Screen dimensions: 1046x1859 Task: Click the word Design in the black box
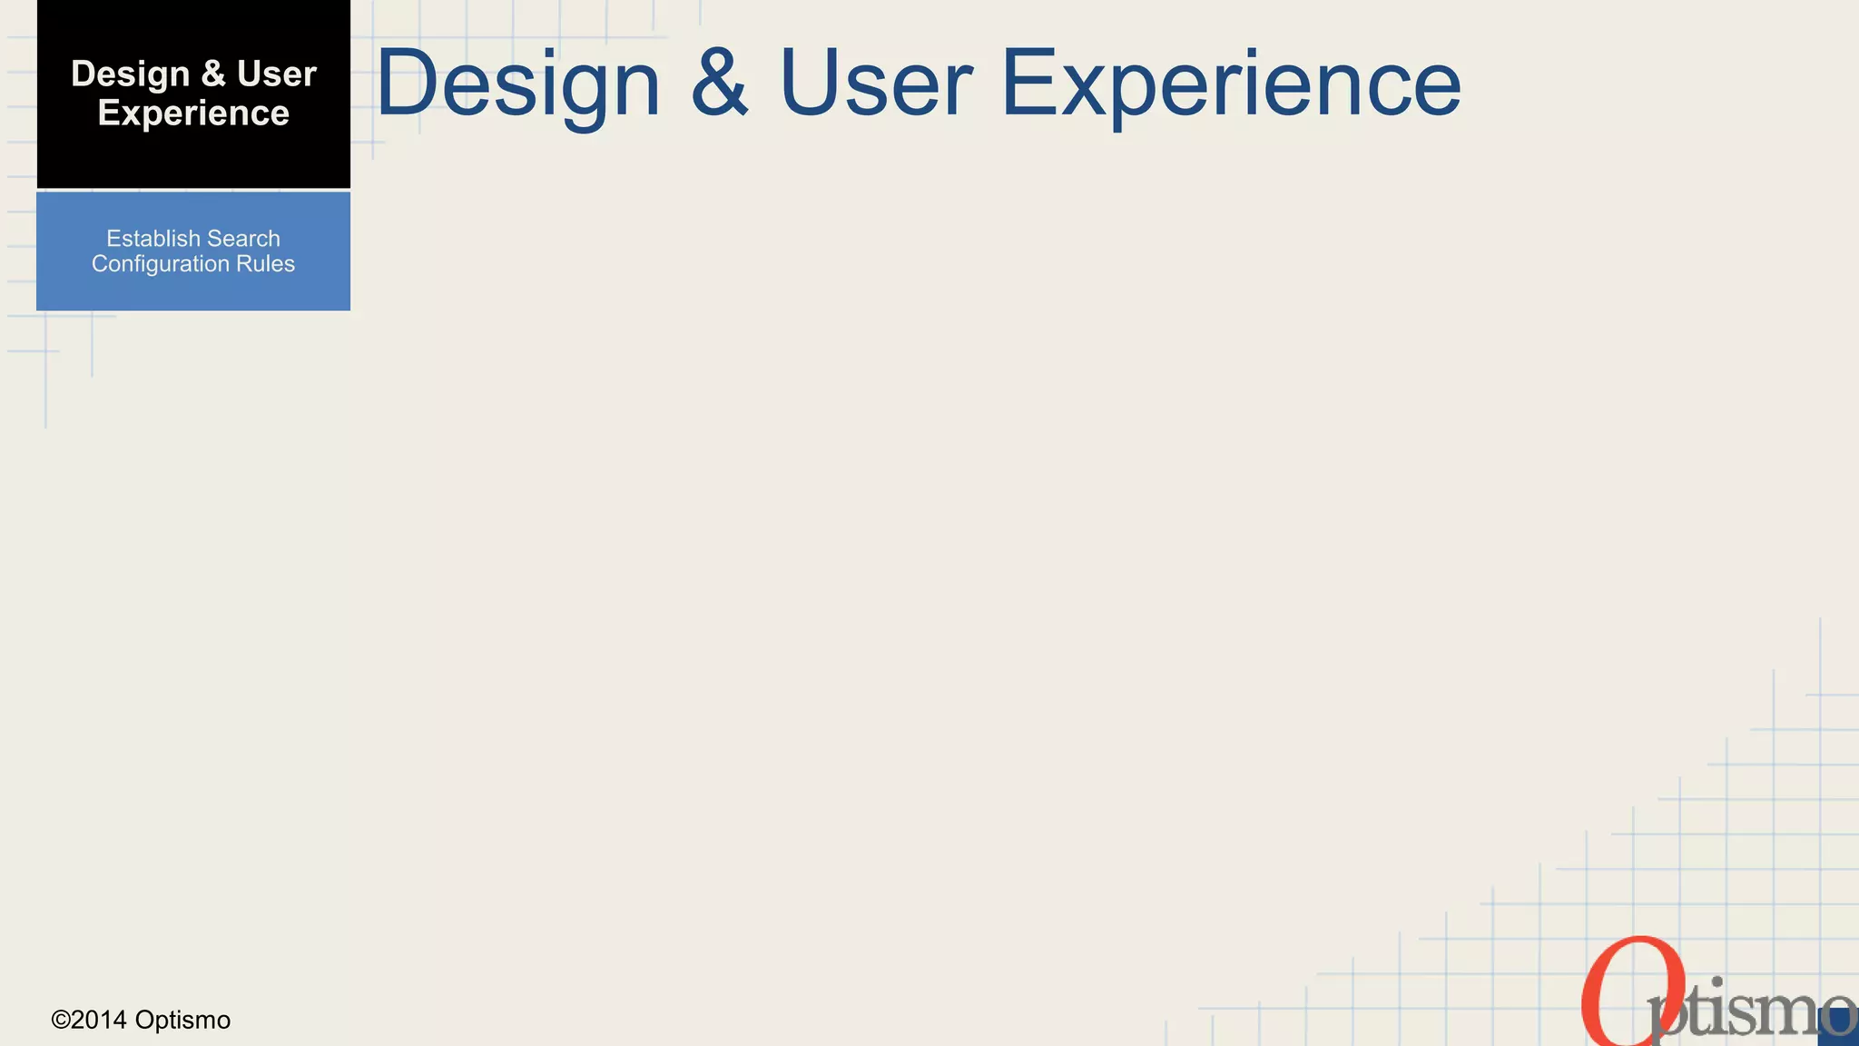[x=130, y=75]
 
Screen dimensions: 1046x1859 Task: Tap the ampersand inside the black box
[x=213, y=74]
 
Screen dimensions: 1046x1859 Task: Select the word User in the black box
[x=277, y=74]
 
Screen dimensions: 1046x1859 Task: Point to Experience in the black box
[x=193, y=113]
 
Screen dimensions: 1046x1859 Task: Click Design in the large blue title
[x=518, y=84]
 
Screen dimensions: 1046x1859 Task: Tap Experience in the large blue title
[x=1231, y=84]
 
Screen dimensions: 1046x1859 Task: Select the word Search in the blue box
[x=244, y=239]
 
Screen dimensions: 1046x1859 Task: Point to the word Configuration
[x=161, y=264]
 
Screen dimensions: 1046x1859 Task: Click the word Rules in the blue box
[x=266, y=264]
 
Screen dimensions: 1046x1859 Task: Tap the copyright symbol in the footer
[x=61, y=1021]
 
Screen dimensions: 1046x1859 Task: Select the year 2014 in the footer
[x=99, y=1021]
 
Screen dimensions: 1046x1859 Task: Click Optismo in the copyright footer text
[x=182, y=1021]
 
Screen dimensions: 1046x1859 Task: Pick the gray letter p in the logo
[x=1668, y=1012]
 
